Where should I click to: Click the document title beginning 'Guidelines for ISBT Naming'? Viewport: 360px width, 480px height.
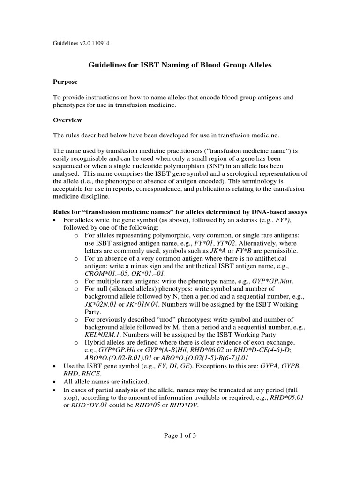coord(180,66)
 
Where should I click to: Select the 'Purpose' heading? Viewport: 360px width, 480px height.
coord(65,82)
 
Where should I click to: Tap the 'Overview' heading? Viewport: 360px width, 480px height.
coord(67,120)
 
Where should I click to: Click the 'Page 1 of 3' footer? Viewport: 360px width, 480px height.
coord(180,435)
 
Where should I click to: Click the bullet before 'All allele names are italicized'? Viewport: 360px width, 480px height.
coord(56,382)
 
